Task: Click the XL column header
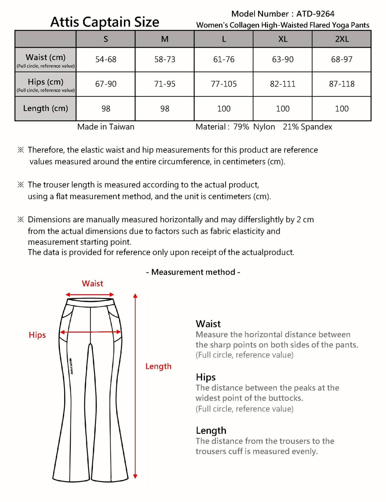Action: (x=283, y=39)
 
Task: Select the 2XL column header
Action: (x=342, y=39)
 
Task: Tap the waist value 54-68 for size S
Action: (x=106, y=59)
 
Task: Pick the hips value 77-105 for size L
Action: (x=224, y=84)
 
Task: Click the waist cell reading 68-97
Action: (x=342, y=59)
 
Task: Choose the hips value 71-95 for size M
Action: (x=165, y=84)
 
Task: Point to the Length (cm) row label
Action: (x=46, y=108)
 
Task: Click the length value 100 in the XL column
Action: (x=283, y=109)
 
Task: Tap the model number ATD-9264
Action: (x=315, y=14)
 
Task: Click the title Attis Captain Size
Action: (x=105, y=22)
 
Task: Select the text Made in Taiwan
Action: (x=106, y=127)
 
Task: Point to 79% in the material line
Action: (x=241, y=127)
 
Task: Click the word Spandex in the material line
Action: (x=316, y=127)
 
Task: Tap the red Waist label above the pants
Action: (x=92, y=283)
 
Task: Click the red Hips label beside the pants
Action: (x=37, y=335)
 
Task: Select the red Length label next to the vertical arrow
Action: (x=158, y=366)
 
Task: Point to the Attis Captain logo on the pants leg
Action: (x=71, y=366)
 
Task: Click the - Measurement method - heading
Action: (x=193, y=272)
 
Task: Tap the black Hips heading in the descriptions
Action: (x=206, y=377)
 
